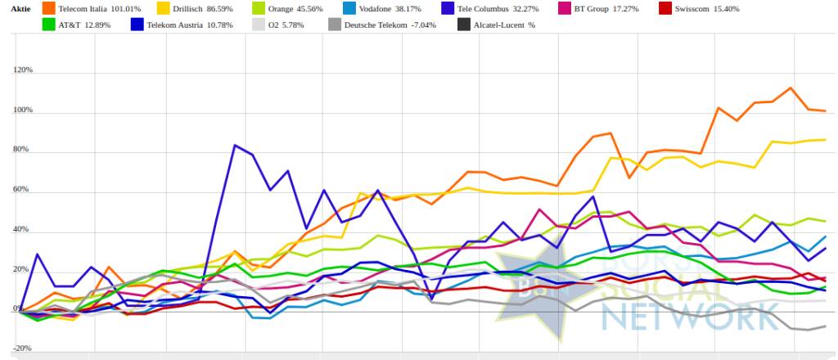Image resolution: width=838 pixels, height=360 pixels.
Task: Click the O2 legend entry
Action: [x=277, y=25]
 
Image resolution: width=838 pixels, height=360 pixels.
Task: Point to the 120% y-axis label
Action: [x=23, y=70]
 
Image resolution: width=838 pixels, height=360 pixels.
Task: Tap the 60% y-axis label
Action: [x=25, y=190]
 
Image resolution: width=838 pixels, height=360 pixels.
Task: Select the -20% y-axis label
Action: [x=23, y=349]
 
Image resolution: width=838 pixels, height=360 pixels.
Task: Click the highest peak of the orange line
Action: [x=791, y=88]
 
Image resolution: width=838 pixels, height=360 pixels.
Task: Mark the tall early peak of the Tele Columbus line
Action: [x=236, y=146]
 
